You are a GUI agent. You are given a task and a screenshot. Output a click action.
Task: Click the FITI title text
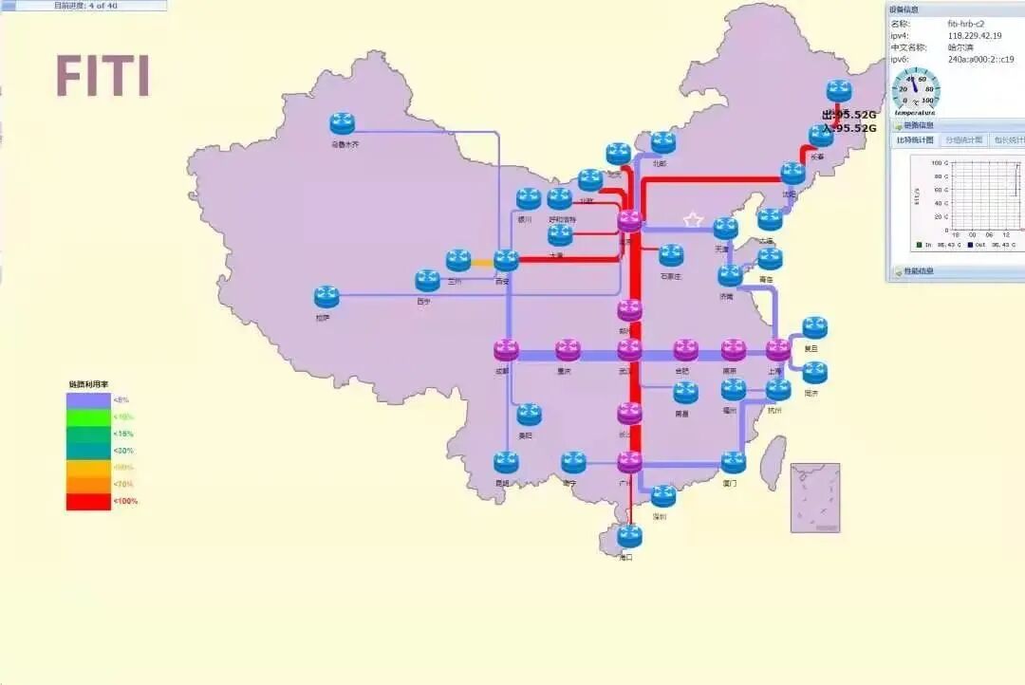click(102, 77)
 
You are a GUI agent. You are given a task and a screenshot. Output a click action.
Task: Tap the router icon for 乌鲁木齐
click(342, 123)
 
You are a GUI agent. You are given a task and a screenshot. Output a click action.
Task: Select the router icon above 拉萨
click(326, 296)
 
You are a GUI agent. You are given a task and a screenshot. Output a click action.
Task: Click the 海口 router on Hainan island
click(629, 535)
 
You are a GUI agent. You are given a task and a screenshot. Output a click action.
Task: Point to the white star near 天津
click(693, 220)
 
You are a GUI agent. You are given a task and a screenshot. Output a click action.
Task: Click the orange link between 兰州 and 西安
click(482, 263)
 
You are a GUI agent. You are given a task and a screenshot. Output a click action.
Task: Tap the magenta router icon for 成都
click(506, 349)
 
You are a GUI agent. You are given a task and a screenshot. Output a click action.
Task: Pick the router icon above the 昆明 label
click(506, 462)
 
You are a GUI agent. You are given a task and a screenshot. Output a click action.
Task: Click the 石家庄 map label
click(671, 276)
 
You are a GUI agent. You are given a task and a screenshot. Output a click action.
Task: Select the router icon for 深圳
click(663, 495)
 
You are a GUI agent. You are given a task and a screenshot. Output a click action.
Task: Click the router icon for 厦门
click(733, 462)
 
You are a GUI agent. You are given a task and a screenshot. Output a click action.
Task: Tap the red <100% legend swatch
click(88, 501)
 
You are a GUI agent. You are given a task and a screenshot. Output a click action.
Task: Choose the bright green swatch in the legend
click(88, 417)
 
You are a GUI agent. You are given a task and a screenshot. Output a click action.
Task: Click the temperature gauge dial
click(914, 92)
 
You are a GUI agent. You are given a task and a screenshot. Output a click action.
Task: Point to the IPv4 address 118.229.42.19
click(974, 35)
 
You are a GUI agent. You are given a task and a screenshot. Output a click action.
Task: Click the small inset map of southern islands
click(815, 497)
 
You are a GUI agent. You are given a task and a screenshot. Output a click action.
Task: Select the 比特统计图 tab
click(916, 140)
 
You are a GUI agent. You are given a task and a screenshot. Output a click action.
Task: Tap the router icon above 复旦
click(815, 327)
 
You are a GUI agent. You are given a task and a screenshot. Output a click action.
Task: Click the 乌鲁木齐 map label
click(345, 145)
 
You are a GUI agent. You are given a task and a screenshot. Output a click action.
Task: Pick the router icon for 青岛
click(770, 258)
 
